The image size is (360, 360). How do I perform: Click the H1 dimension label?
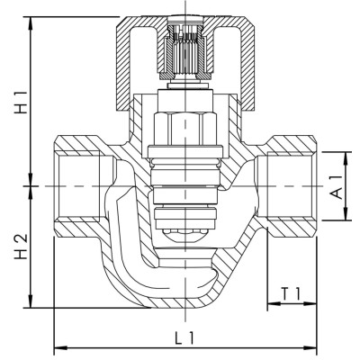click(21, 103)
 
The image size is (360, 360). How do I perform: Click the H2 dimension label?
click(21, 247)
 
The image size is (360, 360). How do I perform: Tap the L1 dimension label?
click(185, 338)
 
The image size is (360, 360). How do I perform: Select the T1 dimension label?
click(291, 293)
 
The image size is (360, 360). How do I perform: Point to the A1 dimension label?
click(337, 187)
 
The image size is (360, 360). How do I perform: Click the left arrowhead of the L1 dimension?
click(60, 348)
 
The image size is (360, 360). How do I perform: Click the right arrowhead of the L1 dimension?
click(310, 348)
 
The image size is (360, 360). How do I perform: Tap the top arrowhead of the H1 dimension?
click(31, 23)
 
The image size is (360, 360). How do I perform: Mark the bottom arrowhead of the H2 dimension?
click(31, 301)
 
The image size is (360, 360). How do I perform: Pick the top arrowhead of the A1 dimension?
click(346, 158)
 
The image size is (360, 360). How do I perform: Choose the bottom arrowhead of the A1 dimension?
click(346, 213)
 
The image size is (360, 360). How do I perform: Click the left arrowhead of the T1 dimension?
click(274, 303)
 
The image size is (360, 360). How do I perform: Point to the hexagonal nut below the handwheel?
click(185, 129)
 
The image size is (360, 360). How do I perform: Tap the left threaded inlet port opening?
click(78, 186)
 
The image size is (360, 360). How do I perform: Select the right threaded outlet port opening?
click(290, 186)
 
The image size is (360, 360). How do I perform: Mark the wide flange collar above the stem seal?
click(185, 151)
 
